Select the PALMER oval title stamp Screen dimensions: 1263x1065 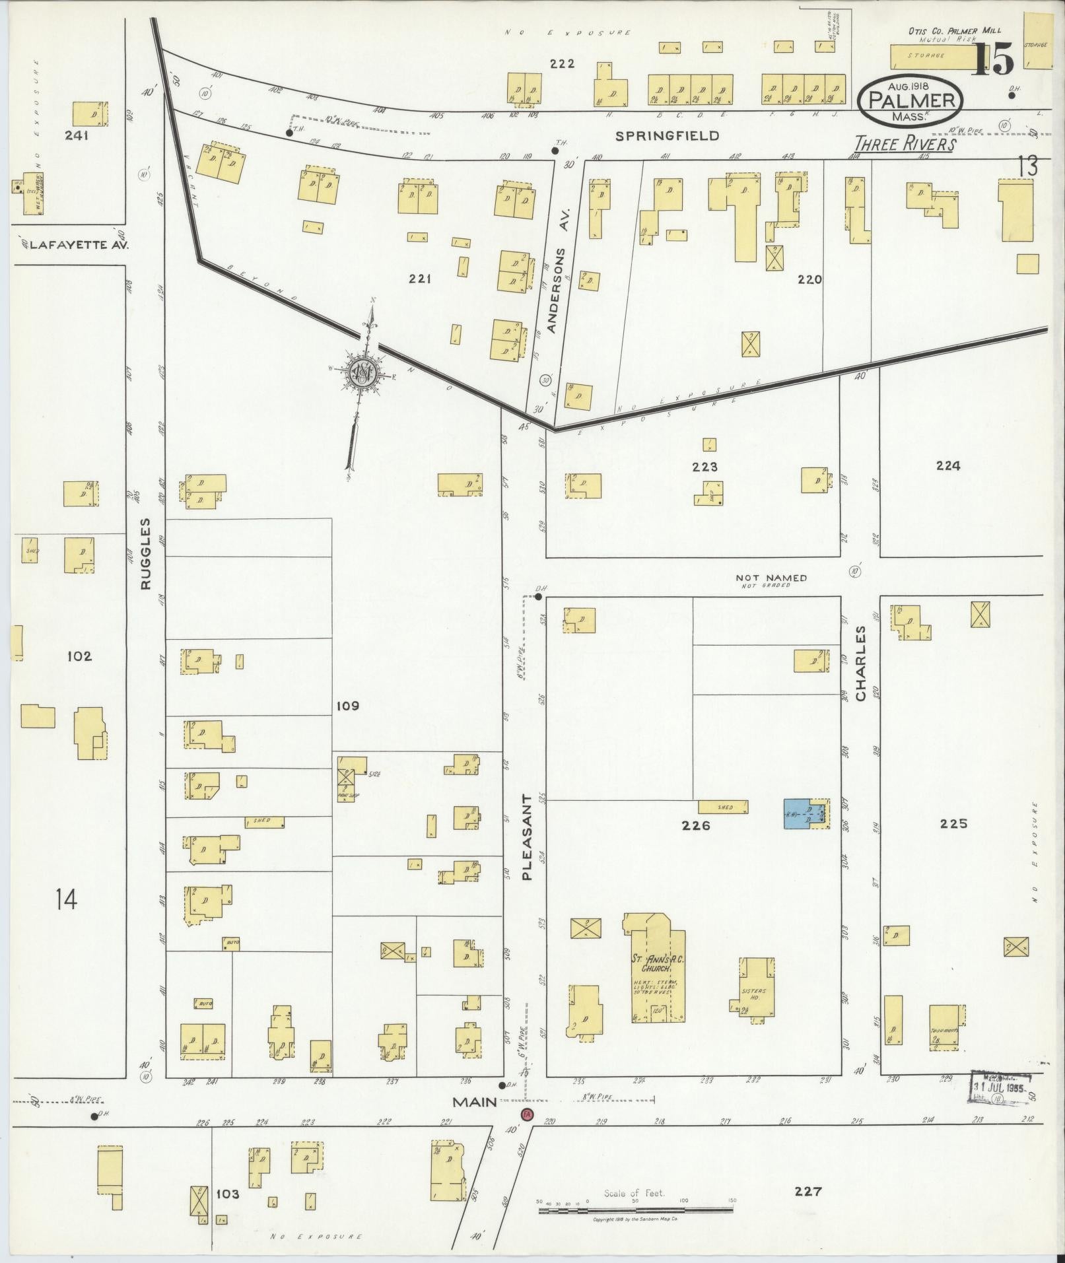coord(911,101)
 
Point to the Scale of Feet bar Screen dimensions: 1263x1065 coord(635,1210)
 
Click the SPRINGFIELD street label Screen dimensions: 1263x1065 coord(667,136)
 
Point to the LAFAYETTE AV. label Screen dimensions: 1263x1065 coord(75,244)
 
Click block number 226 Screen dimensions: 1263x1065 coord(696,825)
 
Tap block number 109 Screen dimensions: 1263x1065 coord(347,706)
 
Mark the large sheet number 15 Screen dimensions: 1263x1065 coord(994,61)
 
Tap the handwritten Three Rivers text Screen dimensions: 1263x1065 coord(905,145)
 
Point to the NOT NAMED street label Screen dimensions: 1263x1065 coord(771,578)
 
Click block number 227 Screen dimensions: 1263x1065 coord(808,1191)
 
